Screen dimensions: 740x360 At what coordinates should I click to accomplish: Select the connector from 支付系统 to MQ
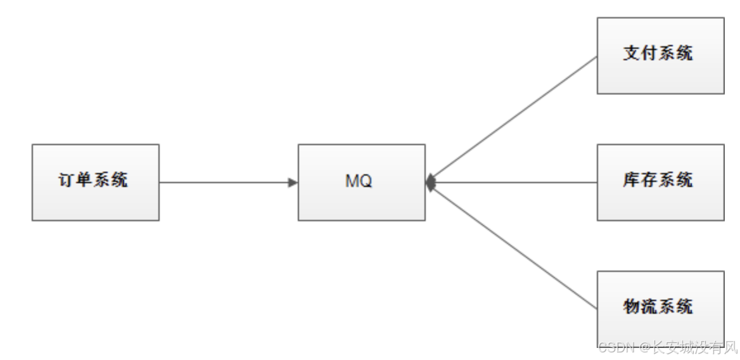coord(513,119)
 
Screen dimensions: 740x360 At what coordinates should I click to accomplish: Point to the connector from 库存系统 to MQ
coord(513,183)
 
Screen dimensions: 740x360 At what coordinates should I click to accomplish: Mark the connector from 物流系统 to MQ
coord(513,246)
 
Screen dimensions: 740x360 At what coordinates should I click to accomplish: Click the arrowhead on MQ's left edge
coord(293,183)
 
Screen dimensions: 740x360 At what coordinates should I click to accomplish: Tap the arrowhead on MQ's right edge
coord(431,183)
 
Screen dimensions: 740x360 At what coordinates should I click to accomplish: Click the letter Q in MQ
coord(366,181)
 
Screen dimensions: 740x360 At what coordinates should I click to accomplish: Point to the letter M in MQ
coord(352,181)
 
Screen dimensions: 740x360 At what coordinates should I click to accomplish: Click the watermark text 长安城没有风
coord(694,347)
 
